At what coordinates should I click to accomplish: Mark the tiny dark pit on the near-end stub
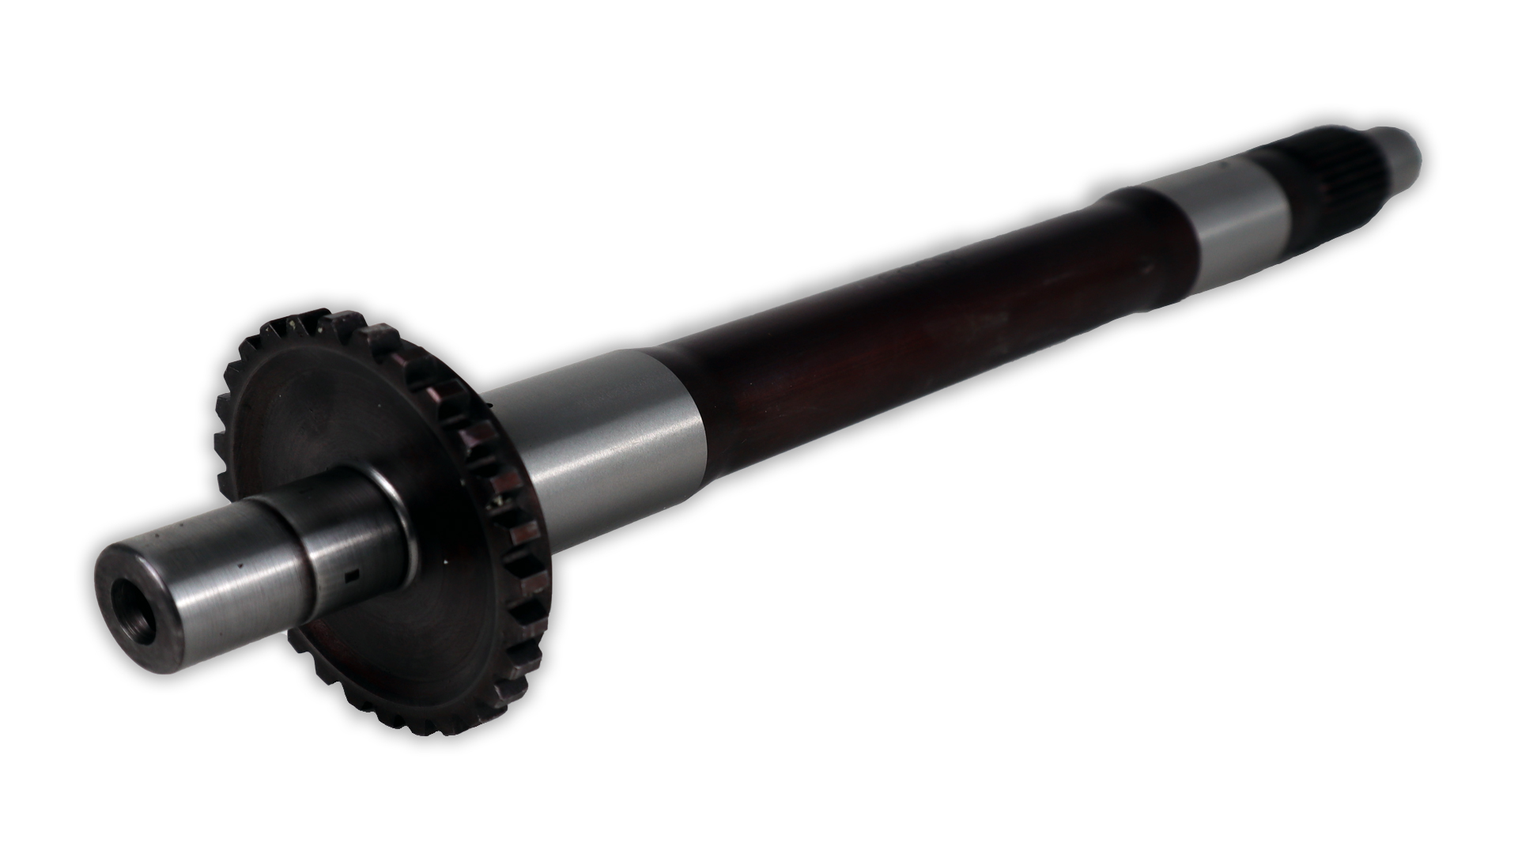tap(236, 566)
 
